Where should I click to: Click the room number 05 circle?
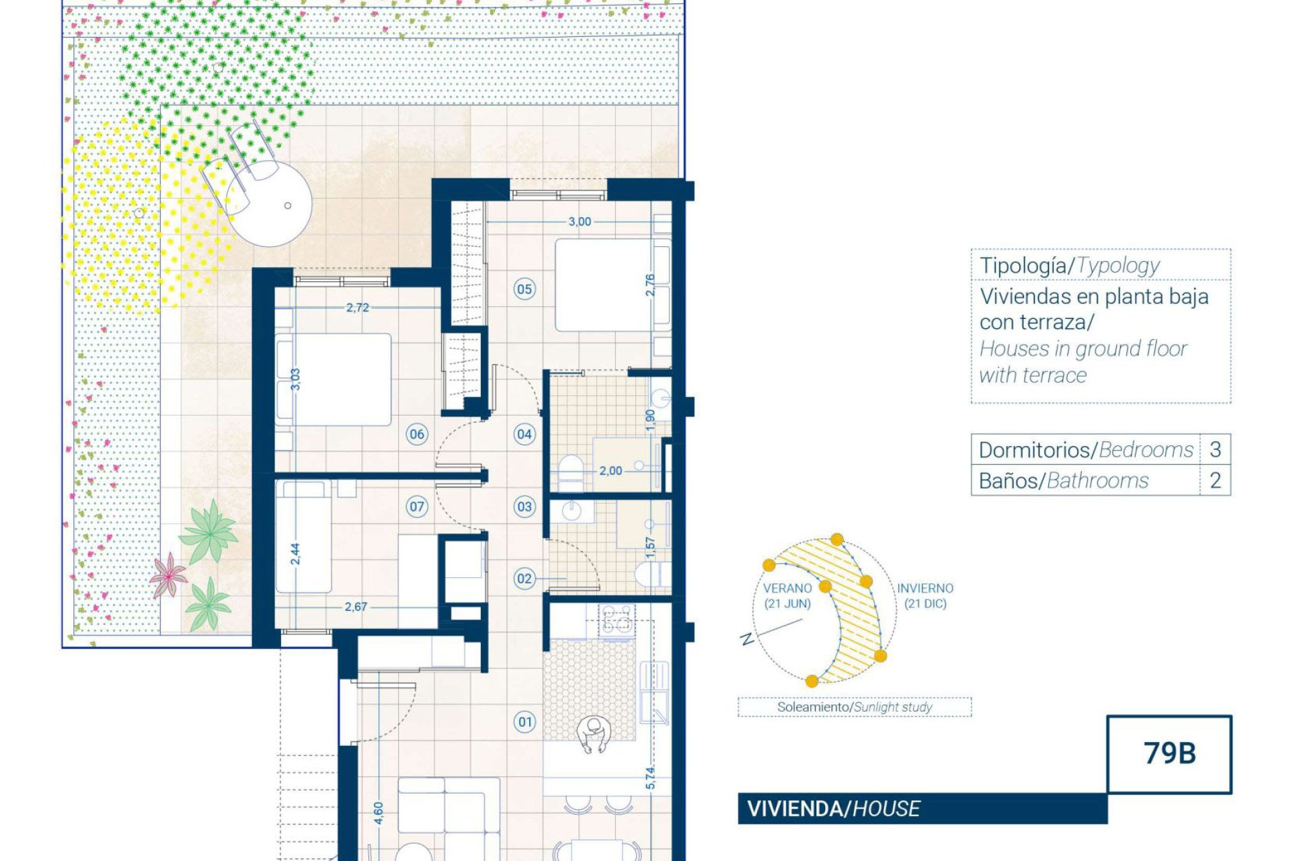(524, 289)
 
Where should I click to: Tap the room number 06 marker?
(417, 434)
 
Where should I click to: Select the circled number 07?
(417, 507)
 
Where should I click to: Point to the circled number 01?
(525, 722)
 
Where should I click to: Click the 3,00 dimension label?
(580, 221)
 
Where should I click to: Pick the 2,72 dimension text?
(357, 307)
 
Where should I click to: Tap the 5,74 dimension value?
(650, 778)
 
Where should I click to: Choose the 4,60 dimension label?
(378, 813)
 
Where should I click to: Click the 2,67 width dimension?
(356, 607)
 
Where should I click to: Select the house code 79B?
(1170, 753)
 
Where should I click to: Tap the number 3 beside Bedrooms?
(1215, 449)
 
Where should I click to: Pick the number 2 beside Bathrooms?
(1215, 480)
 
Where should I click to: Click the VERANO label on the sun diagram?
(787, 589)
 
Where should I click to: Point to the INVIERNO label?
(925, 589)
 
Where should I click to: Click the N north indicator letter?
(746, 639)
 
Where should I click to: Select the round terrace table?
(272, 204)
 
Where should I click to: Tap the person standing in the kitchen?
(592, 735)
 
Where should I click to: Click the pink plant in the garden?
(167, 576)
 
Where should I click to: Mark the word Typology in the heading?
(1118, 266)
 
